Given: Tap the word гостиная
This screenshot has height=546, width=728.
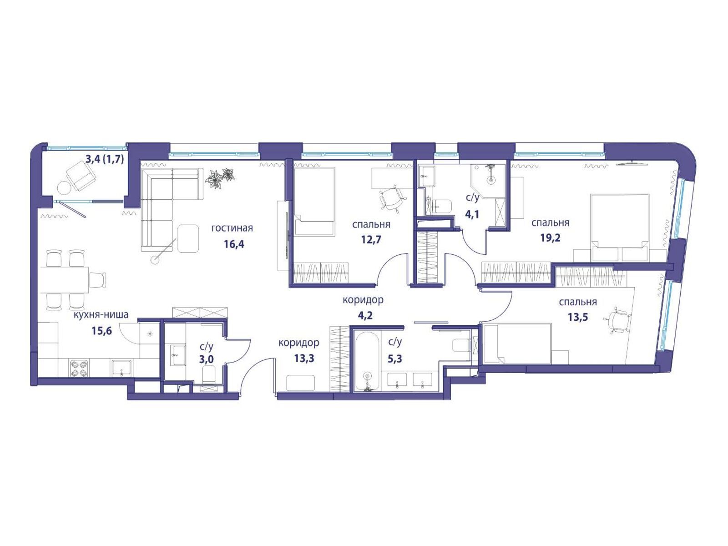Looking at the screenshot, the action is (x=232, y=228).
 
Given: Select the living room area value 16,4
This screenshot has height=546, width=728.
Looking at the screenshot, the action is (x=234, y=244).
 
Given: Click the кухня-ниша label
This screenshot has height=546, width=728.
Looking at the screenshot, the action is (x=101, y=314).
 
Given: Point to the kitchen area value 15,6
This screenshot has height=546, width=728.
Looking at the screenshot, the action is (x=102, y=330).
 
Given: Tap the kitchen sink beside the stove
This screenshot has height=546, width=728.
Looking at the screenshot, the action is (x=122, y=368).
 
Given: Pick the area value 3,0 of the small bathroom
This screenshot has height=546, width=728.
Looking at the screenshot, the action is (x=206, y=359).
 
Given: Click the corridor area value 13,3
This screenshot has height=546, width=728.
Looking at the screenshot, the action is (x=304, y=359).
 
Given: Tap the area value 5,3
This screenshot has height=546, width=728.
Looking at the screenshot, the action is (x=394, y=359).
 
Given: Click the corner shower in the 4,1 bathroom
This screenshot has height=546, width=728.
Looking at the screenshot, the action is (x=488, y=180).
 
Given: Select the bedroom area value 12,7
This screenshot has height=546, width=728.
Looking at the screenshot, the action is (x=371, y=239).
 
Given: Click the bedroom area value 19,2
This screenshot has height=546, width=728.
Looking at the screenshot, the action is (x=550, y=238).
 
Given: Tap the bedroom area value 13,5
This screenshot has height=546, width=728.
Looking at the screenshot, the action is (x=578, y=317).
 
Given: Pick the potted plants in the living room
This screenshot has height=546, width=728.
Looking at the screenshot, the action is (x=220, y=178).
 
